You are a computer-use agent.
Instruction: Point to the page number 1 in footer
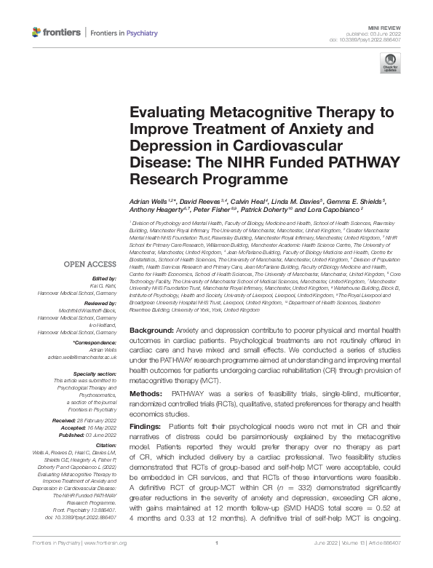216,562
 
